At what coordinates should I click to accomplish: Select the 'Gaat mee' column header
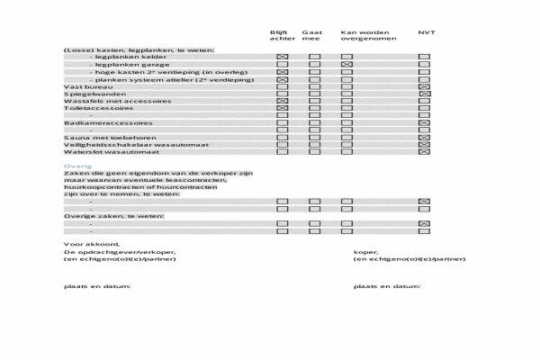pyautogui.click(x=312, y=36)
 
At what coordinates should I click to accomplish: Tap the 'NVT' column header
pyautogui.click(x=426, y=32)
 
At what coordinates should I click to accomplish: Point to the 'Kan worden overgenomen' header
pyautogui.click(x=364, y=36)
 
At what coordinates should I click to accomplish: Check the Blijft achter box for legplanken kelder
pyautogui.click(x=283, y=57)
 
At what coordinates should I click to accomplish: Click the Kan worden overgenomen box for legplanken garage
pyautogui.click(x=346, y=65)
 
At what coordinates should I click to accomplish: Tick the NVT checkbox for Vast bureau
pyautogui.click(x=425, y=86)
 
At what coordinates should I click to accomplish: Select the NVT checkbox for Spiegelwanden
pyautogui.click(x=425, y=94)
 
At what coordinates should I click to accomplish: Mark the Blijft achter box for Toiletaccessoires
pyautogui.click(x=283, y=108)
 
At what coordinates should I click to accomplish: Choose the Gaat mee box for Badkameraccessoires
pyautogui.click(x=314, y=122)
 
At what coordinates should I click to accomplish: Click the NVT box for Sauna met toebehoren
pyautogui.click(x=425, y=138)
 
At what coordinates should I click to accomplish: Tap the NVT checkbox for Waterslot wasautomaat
pyautogui.click(x=425, y=152)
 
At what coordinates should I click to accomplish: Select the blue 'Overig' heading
pyautogui.click(x=72, y=166)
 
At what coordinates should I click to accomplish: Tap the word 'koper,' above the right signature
pyautogui.click(x=366, y=252)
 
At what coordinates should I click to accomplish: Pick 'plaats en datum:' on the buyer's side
pyautogui.click(x=388, y=286)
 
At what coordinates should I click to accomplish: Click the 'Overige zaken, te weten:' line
pyautogui.click(x=107, y=216)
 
